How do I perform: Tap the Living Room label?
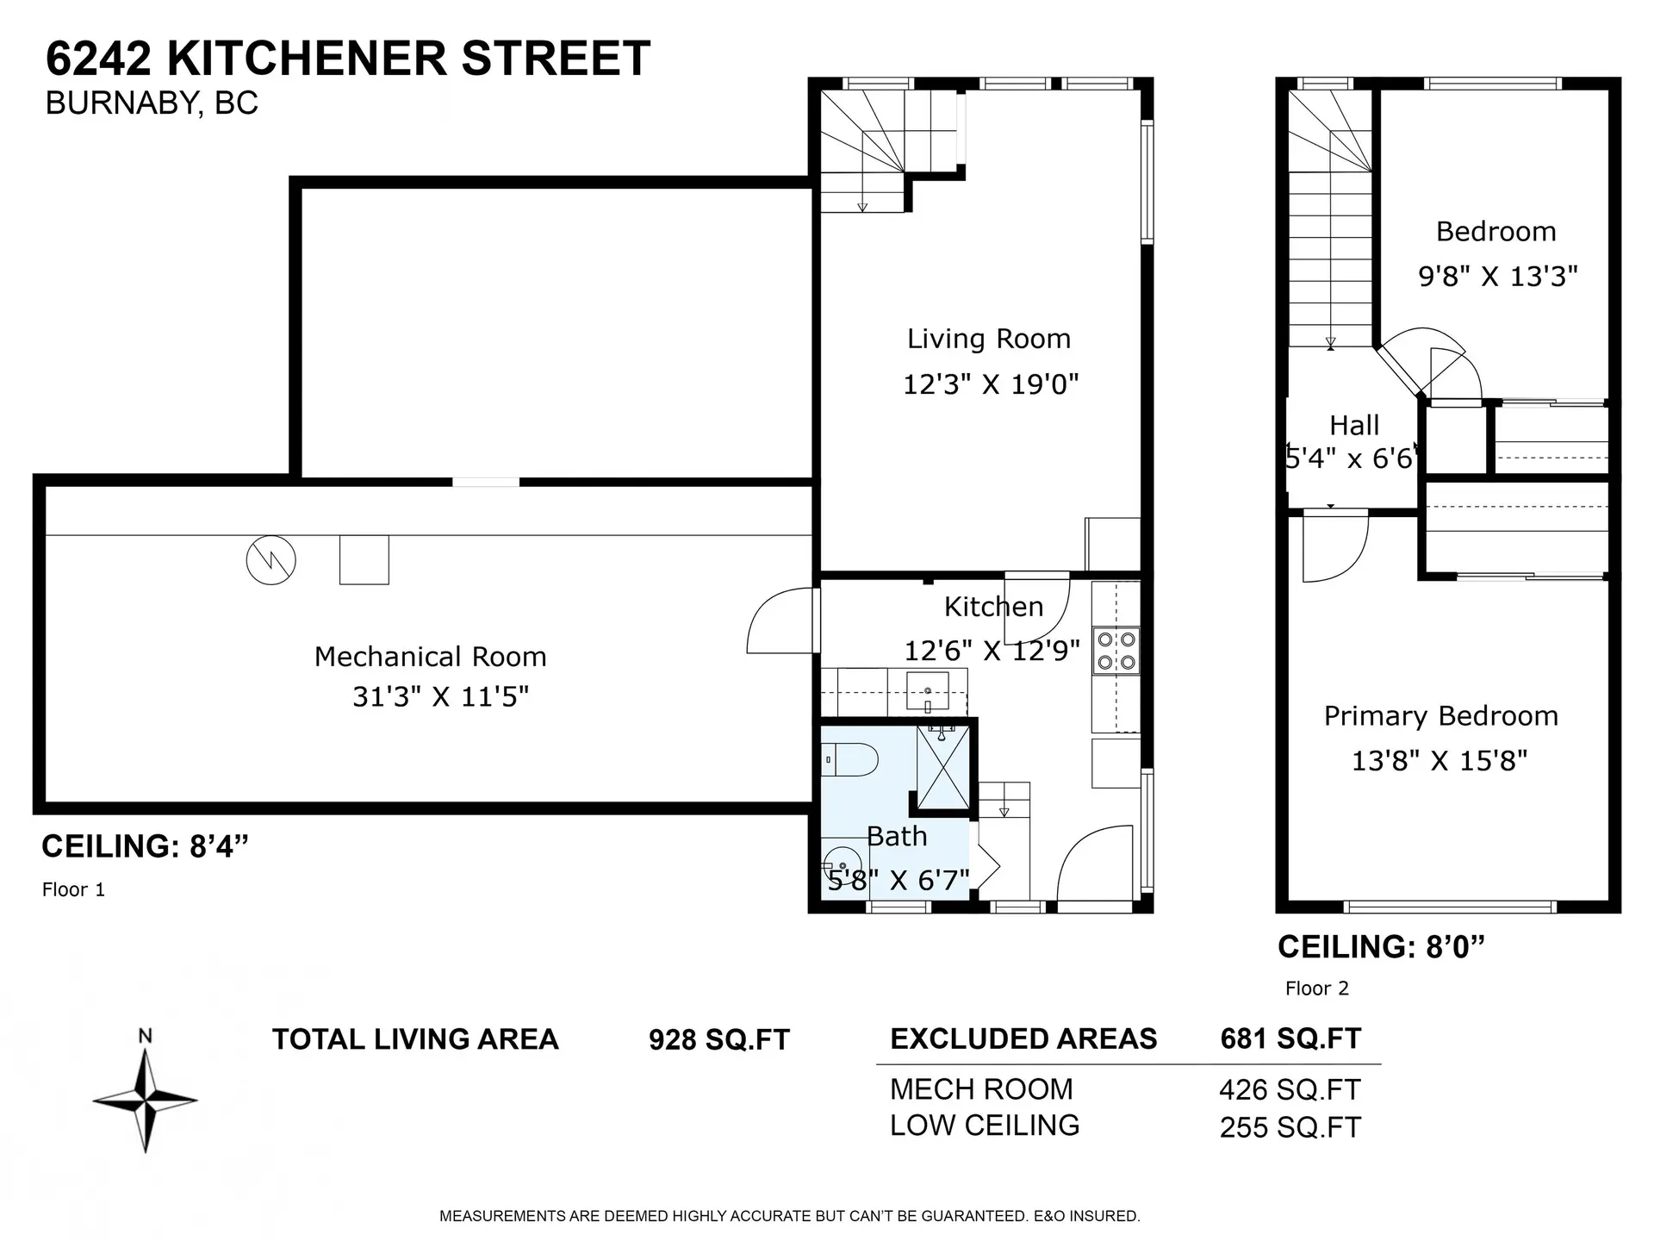click(x=988, y=339)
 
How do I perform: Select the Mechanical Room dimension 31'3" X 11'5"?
click(x=440, y=696)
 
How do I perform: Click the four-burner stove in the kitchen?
click(x=1116, y=651)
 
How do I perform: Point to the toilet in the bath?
click(x=852, y=760)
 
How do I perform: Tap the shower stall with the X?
click(x=942, y=767)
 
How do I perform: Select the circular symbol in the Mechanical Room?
click(x=270, y=561)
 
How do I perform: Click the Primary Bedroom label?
click(x=1440, y=716)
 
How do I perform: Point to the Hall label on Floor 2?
click(x=1353, y=426)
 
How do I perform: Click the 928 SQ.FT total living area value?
click(x=718, y=1040)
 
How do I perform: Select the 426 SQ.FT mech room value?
click(x=1289, y=1090)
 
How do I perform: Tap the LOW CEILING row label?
click(x=984, y=1126)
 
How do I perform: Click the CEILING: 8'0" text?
click(x=1381, y=947)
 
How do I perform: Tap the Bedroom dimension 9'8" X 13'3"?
click(x=1497, y=277)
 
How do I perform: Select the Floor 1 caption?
click(x=73, y=889)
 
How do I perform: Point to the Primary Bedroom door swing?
click(x=1335, y=548)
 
